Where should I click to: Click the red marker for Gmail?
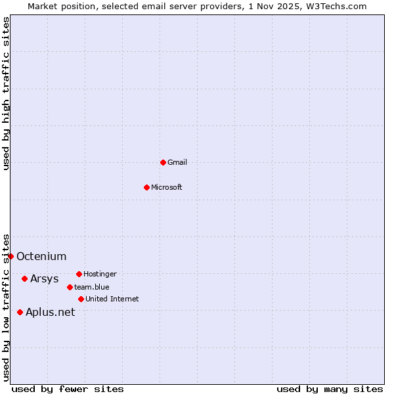click(x=163, y=162)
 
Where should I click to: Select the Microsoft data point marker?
click(x=146, y=187)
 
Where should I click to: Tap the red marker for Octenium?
click(x=11, y=256)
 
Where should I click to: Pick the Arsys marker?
click(x=24, y=278)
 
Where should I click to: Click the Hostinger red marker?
click(x=79, y=274)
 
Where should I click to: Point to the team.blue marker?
click(x=70, y=287)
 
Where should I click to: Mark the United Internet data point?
click(x=81, y=299)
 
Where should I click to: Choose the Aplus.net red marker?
click(x=20, y=312)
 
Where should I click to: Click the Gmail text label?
click(x=177, y=162)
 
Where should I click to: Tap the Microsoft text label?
click(x=167, y=187)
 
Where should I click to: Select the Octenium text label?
click(x=41, y=256)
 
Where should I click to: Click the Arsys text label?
click(x=45, y=278)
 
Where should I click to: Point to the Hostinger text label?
click(x=100, y=274)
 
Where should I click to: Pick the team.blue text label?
click(x=92, y=287)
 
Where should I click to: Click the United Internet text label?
click(x=112, y=299)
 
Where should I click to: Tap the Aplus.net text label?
click(x=51, y=312)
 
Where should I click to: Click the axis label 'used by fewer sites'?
click(x=68, y=389)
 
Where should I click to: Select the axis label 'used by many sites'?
click(x=330, y=389)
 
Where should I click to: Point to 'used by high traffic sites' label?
click(x=6, y=93)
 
